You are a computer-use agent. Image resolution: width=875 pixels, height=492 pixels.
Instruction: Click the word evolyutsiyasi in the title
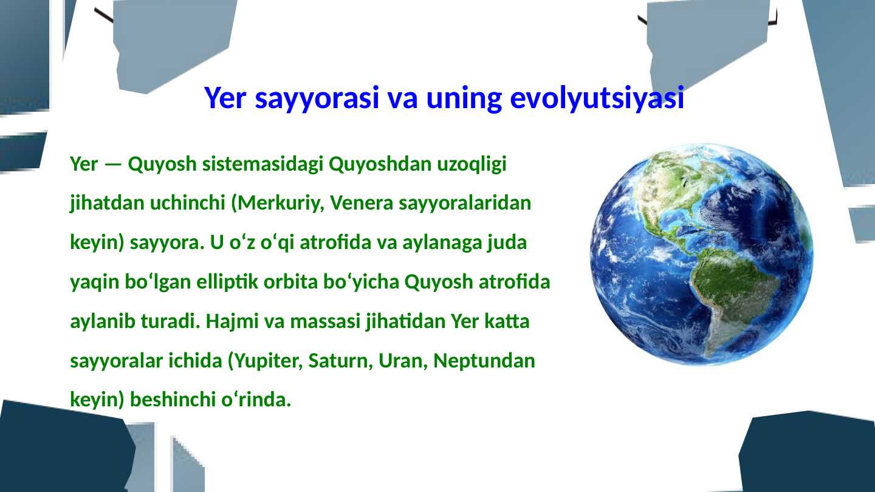click(597, 98)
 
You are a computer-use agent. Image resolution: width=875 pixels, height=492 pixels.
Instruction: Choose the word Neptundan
click(484, 361)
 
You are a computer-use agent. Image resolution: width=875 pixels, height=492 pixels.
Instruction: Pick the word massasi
click(324, 321)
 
